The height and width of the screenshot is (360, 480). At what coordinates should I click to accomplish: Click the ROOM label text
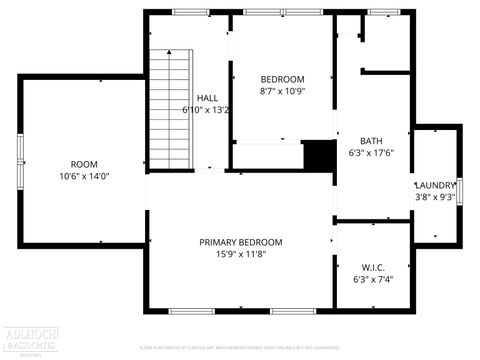(x=83, y=164)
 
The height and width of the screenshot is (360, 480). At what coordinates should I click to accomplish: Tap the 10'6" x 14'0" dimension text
(x=83, y=176)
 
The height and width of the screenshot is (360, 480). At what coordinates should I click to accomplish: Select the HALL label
(x=207, y=98)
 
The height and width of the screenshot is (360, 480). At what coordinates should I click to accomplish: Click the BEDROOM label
(x=282, y=79)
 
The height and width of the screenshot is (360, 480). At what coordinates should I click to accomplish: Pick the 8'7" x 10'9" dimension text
(x=282, y=91)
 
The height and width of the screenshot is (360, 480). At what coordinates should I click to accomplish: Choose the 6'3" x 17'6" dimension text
(x=371, y=154)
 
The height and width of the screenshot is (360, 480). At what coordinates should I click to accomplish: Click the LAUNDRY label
(x=435, y=185)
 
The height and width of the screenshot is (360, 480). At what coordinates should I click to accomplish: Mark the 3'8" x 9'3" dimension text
(x=435, y=197)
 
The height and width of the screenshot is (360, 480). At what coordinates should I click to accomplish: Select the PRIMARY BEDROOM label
(x=240, y=242)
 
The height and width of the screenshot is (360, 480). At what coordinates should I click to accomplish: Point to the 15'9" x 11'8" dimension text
(x=240, y=255)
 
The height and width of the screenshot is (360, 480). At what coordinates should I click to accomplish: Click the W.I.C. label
(x=373, y=267)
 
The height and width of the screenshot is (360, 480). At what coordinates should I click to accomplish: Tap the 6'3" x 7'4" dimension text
(x=373, y=280)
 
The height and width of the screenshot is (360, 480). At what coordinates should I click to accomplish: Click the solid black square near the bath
(x=318, y=155)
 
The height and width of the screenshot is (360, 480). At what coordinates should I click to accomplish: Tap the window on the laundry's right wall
(x=460, y=190)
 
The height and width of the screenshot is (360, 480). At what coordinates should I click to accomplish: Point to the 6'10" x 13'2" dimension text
(x=207, y=110)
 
